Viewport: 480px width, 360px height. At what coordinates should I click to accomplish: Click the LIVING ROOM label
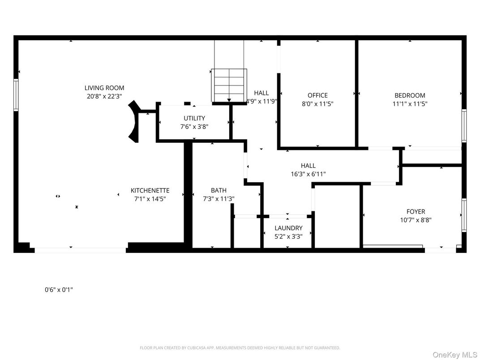click(x=104, y=88)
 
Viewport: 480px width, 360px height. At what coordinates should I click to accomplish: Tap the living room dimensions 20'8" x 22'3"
click(x=104, y=96)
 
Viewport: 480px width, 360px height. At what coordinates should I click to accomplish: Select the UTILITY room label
click(x=194, y=118)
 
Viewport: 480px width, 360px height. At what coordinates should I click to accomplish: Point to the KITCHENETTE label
click(x=150, y=190)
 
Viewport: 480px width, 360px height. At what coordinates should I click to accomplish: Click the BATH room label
click(x=219, y=190)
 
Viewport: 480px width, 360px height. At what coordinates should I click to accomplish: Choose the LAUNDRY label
click(x=288, y=228)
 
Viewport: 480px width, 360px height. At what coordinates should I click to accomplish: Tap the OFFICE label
click(x=318, y=95)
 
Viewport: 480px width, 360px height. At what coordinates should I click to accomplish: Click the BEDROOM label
click(x=410, y=95)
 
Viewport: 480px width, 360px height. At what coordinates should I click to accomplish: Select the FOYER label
click(x=416, y=211)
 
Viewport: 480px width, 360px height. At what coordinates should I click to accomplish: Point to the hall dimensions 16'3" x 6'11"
click(x=308, y=174)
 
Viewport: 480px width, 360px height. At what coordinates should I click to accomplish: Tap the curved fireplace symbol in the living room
click(x=134, y=121)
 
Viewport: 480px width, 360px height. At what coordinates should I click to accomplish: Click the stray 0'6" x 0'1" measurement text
click(x=59, y=290)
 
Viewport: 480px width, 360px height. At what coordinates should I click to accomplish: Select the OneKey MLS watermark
click(x=454, y=355)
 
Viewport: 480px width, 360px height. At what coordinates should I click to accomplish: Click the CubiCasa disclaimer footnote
click(x=240, y=348)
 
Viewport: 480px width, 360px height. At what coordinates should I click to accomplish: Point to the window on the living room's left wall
click(x=16, y=94)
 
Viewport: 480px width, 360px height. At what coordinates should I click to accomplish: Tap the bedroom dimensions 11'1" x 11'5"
click(x=410, y=104)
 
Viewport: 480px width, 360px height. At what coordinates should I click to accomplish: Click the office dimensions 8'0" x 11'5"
click(x=318, y=104)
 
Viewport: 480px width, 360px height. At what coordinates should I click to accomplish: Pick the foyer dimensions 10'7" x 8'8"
click(x=416, y=220)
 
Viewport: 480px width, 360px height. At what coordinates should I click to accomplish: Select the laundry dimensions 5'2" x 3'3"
click(x=288, y=236)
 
